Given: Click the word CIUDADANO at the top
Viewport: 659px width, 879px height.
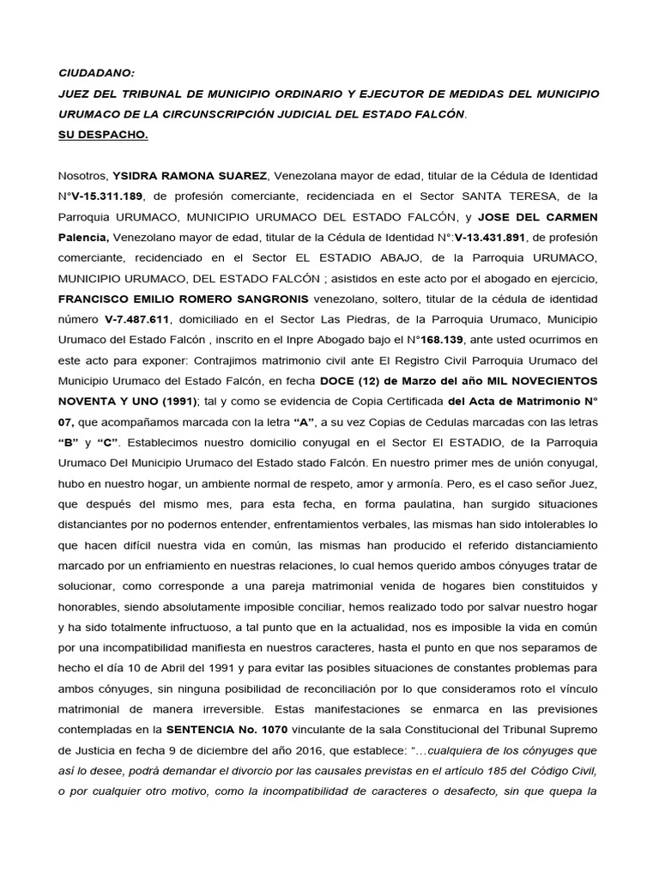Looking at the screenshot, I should click(x=96, y=72).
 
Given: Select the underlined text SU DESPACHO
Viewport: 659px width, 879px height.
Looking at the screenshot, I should click(x=104, y=135).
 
